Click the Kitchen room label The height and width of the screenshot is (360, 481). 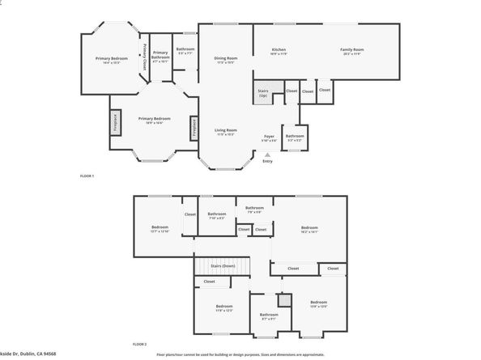click(279, 51)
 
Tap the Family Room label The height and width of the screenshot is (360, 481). click(351, 51)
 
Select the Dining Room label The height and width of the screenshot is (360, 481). click(225, 60)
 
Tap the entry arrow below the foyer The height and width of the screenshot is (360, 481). click(268, 155)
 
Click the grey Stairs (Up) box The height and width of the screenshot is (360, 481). click(263, 93)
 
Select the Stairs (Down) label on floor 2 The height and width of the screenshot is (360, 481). click(223, 265)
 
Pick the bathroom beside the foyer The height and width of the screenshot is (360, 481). click(294, 137)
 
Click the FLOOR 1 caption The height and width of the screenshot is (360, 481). click(87, 176)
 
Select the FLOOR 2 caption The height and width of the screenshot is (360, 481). click(139, 344)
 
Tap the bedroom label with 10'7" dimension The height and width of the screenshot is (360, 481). click(160, 229)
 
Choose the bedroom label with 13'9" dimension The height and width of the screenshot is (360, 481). click(318, 306)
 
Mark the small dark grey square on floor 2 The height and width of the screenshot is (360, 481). click(283, 300)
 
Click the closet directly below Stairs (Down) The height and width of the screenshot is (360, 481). click(209, 282)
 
